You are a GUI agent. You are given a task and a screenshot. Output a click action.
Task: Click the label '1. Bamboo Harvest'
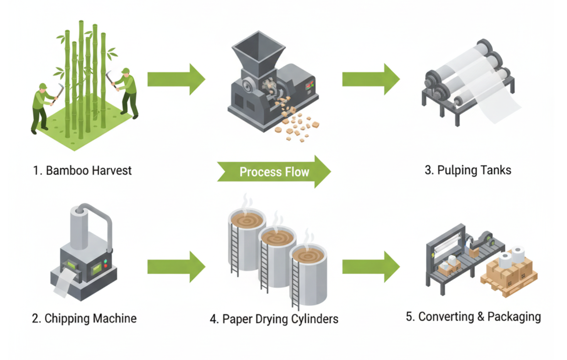pyautogui.click(x=82, y=170)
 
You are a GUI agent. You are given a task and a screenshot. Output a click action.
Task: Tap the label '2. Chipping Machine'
pyautogui.click(x=84, y=318)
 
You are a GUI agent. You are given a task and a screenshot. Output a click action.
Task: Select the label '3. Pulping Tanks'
pyautogui.click(x=468, y=170)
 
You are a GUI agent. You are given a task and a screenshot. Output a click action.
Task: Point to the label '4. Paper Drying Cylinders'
pyautogui.click(x=274, y=319)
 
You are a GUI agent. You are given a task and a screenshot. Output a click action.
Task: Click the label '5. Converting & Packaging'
pyautogui.click(x=473, y=316)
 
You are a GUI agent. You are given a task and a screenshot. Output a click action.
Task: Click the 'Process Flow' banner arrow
pyautogui.click(x=274, y=172)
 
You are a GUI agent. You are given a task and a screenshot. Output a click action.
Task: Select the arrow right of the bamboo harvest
pyautogui.click(x=176, y=79)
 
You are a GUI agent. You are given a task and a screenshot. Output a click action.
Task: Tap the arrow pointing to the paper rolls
pyautogui.click(x=371, y=79)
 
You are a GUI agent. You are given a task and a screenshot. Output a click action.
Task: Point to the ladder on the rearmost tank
pyautogui.click(x=235, y=251)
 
